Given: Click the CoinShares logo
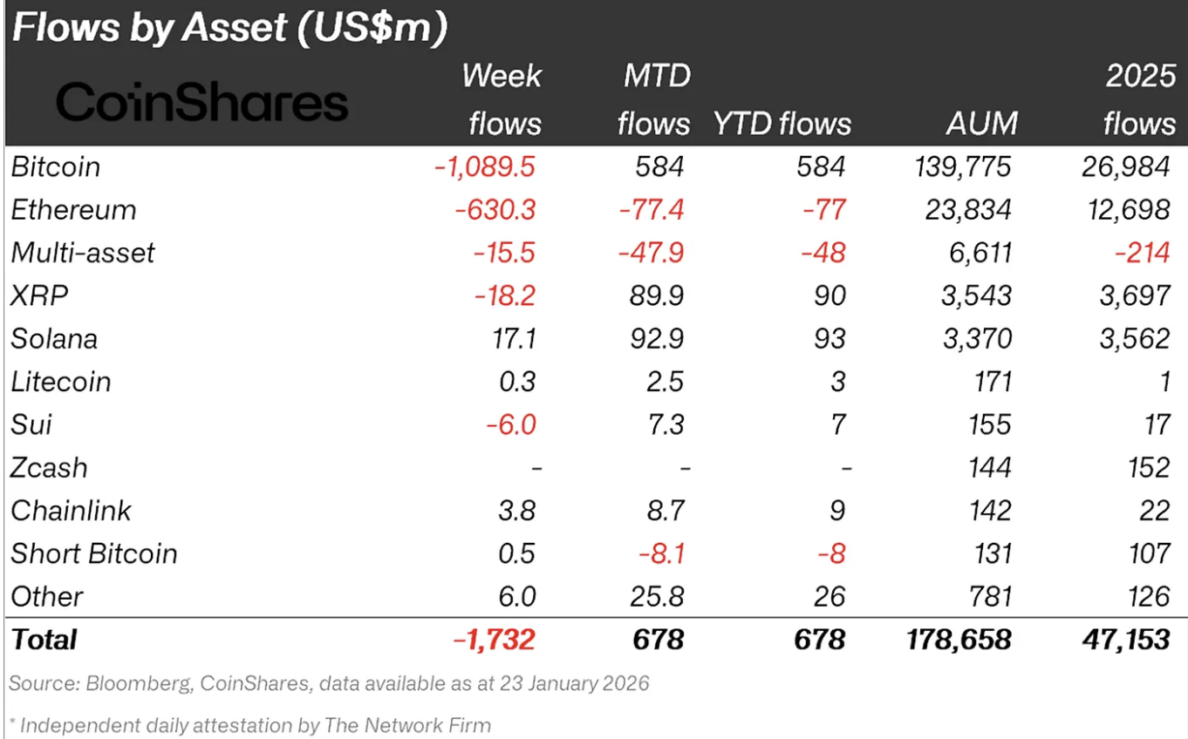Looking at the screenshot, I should pos(201,104).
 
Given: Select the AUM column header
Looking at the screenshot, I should pos(981,124).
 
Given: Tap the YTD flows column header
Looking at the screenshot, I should pos(782,124).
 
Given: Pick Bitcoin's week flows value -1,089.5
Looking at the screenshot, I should pos(484,166).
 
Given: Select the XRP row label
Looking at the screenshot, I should pos(39,295).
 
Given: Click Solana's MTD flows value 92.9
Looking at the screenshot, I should pos(659,338).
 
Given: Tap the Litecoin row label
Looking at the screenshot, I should pos(61,382).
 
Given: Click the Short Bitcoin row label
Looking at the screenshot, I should pos(94,553).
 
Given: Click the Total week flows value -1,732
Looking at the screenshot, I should pos(494,640).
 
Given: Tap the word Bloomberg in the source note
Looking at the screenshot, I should pos(138,682).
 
